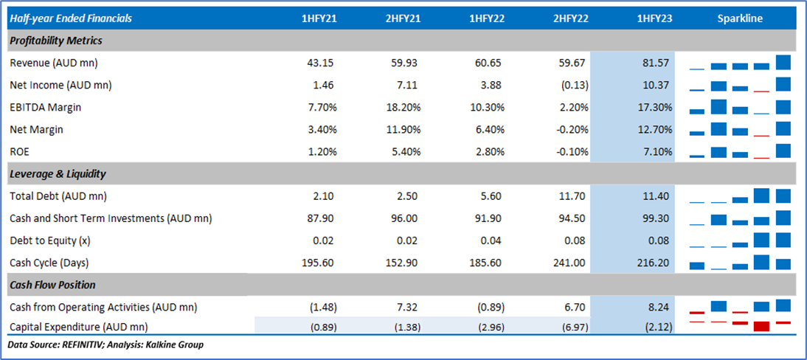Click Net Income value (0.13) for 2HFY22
tap(574, 85)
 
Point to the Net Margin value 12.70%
tap(654, 130)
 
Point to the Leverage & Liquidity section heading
tap(58, 174)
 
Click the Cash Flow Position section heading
tap(52, 285)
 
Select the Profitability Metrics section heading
tap(56, 41)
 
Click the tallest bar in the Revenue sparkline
tap(783, 62)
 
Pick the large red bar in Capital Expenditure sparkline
tap(761, 326)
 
